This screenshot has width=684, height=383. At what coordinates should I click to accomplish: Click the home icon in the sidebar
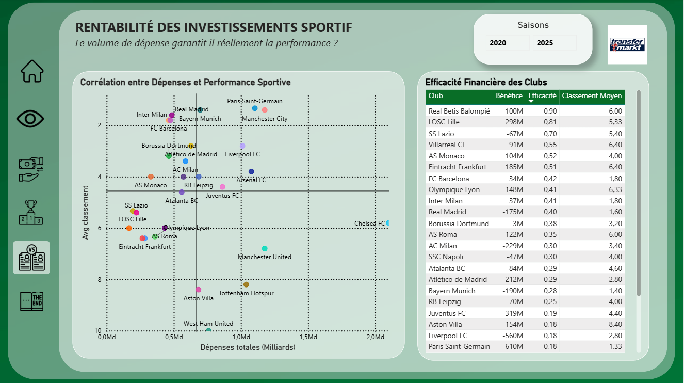pos(32,71)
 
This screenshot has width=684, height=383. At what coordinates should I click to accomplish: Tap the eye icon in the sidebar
pos(31,119)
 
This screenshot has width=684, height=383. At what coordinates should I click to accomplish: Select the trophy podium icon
pos(31,212)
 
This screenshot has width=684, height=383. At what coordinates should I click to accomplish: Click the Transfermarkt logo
pos(627,44)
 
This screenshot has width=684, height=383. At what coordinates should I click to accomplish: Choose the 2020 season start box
pos(507,43)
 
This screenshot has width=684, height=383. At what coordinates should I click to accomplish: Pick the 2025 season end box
pos(555,43)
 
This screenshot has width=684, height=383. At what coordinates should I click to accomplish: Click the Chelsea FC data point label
pos(369,224)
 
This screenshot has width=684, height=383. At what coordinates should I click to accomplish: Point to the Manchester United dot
pos(265,249)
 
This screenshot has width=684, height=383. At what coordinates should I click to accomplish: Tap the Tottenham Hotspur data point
pos(246,284)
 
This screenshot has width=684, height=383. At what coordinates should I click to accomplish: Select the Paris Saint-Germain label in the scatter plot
pos(255,101)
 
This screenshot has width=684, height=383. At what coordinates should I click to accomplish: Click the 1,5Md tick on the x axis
pos(308,337)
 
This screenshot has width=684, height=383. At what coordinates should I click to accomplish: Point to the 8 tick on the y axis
pos(100,280)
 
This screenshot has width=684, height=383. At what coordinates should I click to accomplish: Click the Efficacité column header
pos(542,96)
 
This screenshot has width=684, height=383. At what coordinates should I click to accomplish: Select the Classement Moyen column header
pos(592,96)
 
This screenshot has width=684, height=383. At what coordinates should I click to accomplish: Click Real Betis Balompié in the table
pos(459,111)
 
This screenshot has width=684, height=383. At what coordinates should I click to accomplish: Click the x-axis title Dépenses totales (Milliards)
pos(248,347)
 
